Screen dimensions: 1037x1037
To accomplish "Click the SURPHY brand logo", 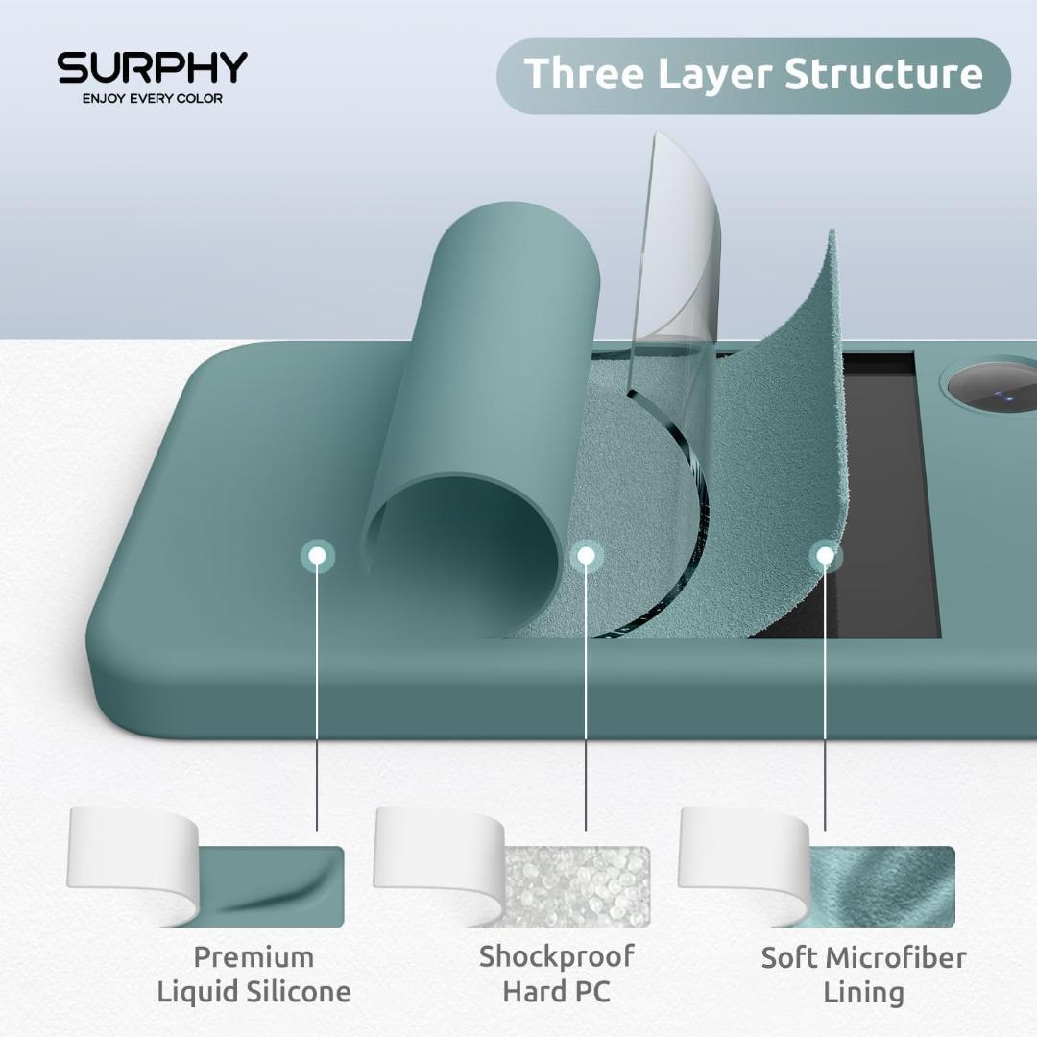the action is [152, 68].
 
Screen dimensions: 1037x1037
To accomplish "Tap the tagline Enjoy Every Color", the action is [152, 98].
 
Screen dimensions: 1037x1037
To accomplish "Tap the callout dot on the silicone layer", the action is [318, 555].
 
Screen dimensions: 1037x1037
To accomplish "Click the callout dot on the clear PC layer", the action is [585, 555].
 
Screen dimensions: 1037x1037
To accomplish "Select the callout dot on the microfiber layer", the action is [824, 555].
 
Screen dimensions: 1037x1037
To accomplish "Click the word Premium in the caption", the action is [253, 957].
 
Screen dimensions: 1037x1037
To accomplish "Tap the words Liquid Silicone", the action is [253, 992].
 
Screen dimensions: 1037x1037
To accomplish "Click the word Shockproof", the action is [557, 956].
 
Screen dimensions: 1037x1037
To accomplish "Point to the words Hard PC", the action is [557, 991].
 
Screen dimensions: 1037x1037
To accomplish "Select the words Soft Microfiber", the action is [863, 957].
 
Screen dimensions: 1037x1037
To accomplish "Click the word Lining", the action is [863, 992].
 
